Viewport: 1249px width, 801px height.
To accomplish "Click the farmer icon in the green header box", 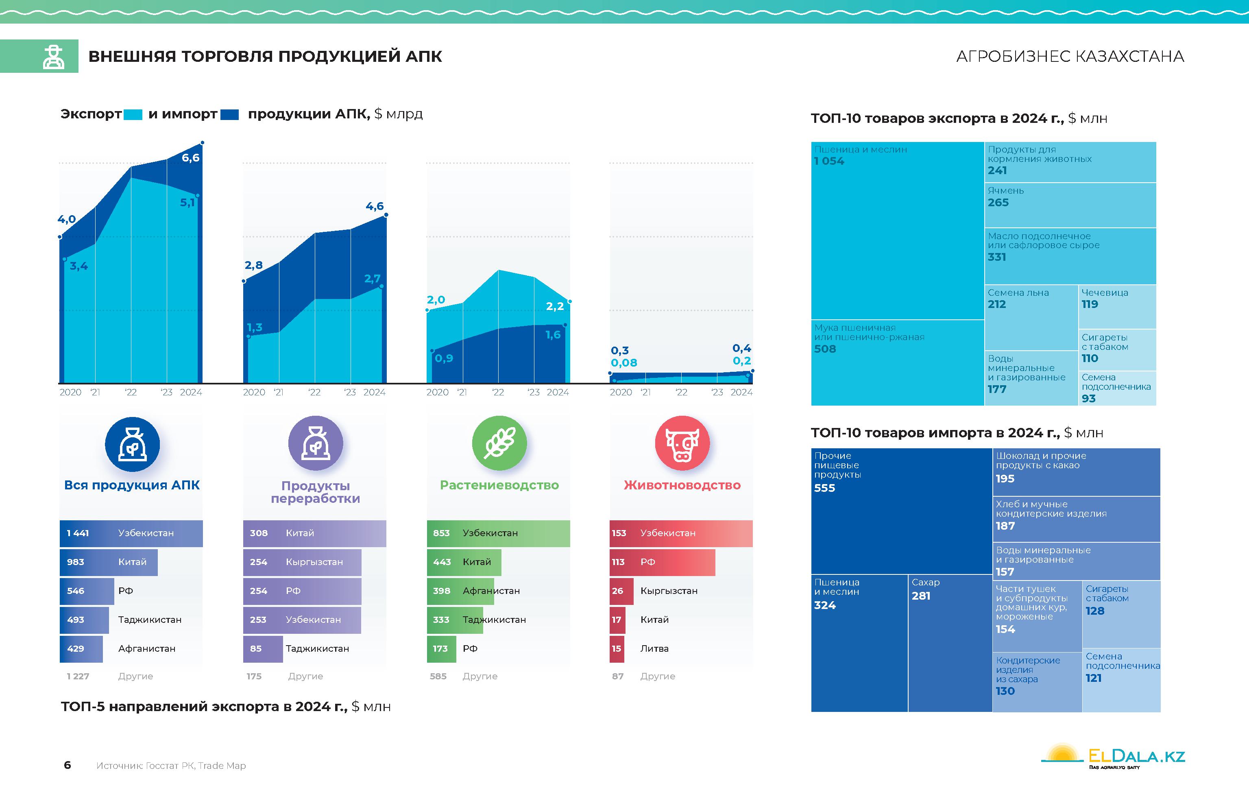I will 54,57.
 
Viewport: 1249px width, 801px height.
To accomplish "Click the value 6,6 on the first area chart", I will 190,157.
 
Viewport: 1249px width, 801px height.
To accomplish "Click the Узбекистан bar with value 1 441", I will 131,533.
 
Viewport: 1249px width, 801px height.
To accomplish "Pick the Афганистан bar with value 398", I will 460,591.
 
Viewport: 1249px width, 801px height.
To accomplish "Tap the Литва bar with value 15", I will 617,648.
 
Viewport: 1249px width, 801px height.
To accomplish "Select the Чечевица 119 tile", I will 1117,306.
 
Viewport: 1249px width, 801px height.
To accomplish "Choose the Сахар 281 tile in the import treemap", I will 950,642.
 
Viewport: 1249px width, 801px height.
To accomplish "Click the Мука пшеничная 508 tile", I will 897,362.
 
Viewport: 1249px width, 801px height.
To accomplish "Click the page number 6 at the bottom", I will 67,765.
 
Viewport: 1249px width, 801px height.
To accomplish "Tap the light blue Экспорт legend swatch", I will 133,114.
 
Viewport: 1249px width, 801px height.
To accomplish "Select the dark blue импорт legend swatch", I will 229,114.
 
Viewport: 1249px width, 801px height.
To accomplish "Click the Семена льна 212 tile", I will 1031,317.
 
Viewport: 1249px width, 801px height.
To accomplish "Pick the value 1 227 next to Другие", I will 78,676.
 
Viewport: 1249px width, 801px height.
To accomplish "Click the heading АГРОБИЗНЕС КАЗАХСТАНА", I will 1070,56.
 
